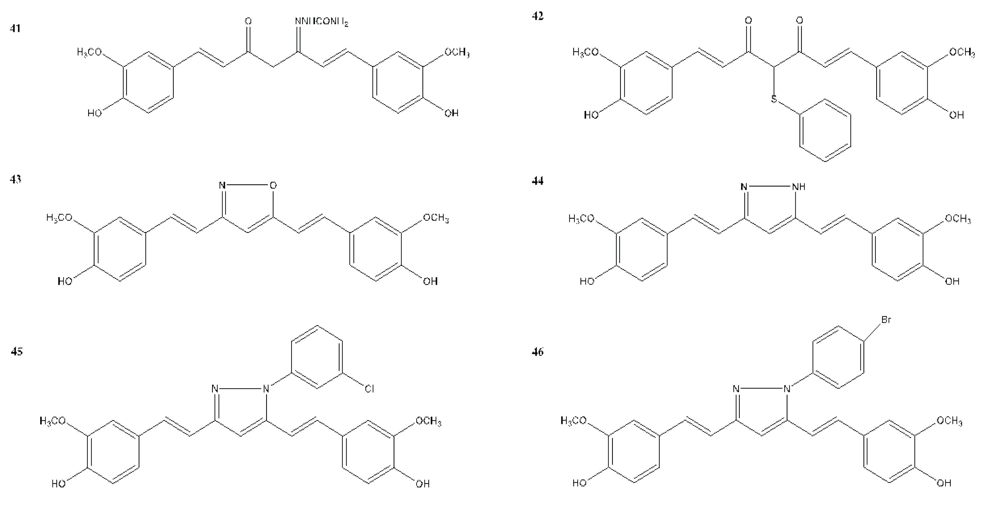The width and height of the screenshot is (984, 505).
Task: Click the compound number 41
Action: (15, 29)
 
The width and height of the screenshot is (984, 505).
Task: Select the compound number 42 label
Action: (537, 16)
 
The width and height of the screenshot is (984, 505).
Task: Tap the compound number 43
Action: (15, 179)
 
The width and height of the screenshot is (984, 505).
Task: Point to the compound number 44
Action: (537, 180)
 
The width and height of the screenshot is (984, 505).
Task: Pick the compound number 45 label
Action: (16, 351)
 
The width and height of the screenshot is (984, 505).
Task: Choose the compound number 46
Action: (537, 351)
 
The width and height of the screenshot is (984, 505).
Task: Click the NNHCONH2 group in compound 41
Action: (321, 22)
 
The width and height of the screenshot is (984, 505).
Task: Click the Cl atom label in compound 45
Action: (369, 389)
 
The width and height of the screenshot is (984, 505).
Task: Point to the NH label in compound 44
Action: (799, 187)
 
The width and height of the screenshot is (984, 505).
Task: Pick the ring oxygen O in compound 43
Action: (273, 186)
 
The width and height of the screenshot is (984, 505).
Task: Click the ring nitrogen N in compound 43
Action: (222, 186)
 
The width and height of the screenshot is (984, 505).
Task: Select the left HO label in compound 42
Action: (591, 114)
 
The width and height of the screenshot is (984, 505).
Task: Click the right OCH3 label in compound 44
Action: (958, 218)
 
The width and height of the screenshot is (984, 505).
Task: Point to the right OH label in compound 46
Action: (944, 483)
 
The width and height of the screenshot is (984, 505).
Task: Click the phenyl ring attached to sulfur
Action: (825, 130)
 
